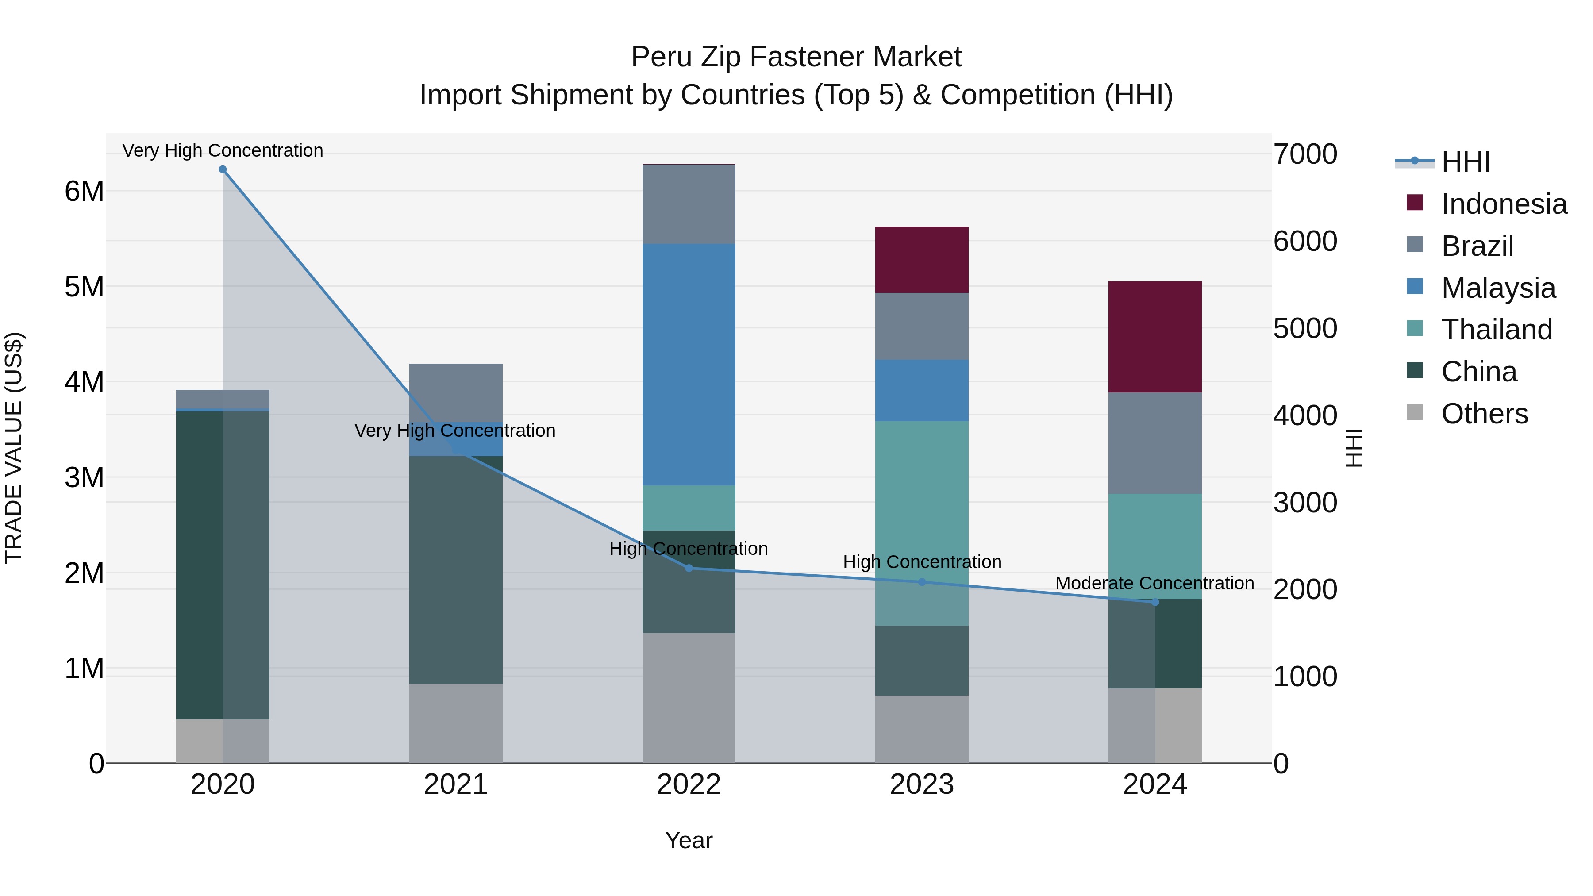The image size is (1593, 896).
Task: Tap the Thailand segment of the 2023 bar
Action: (x=921, y=523)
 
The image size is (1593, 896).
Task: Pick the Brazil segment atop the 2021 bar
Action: (x=456, y=392)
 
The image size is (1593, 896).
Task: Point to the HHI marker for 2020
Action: (x=223, y=169)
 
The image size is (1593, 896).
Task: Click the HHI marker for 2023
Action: (x=921, y=582)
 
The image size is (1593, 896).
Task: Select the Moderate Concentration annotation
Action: (x=1154, y=583)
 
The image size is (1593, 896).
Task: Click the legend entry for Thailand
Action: (x=1497, y=330)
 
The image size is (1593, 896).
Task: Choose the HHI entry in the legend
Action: (x=1465, y=162)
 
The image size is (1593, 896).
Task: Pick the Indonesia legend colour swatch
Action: (x=1414, y=203)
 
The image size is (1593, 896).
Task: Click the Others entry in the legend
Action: (x=1484, y=414)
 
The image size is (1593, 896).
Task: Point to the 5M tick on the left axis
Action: (x=84, y=287)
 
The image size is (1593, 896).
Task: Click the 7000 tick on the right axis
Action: (x=1305, y=154)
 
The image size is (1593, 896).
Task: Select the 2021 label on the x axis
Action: (x=456, y=784)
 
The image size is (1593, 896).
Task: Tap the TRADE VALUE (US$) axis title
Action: (x=14, y=448)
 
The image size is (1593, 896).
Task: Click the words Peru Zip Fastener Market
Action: (x=796, y=57)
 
